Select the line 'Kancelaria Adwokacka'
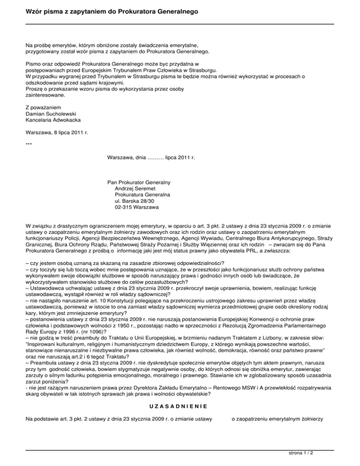(52, 120)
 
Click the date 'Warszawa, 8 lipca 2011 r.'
(57, 133)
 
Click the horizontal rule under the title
(180, 24)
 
